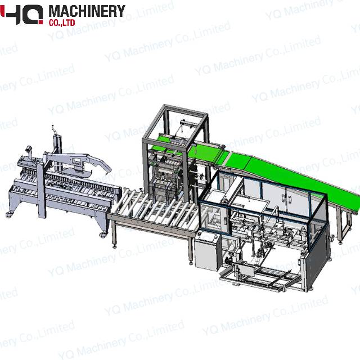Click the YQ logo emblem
[x=22, y=13]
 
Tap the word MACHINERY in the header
[x=87, y=11]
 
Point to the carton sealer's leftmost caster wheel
[x=8, y=214]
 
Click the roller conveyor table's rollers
[x=152, y=208]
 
